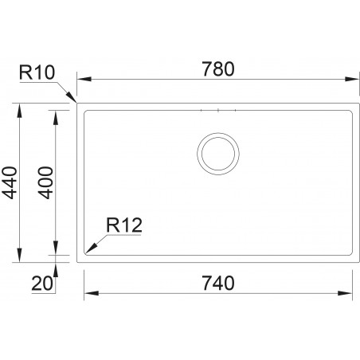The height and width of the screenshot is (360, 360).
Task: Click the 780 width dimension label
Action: [217, 68]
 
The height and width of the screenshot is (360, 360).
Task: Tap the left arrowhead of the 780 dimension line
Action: [81, 79]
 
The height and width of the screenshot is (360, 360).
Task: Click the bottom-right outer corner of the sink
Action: [355, 260]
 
